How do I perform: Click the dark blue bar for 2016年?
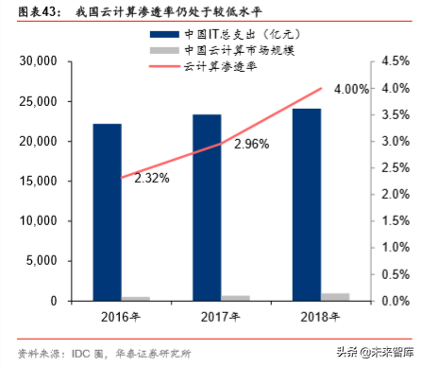[x=107, y=212]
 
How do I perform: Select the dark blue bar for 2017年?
[x=208, y=207]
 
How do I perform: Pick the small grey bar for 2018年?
[x=335, y=297]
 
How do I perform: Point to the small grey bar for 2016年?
[x=135, y=299]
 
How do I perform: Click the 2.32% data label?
[x=151, y=177]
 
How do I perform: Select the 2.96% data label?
[x=252, y=144]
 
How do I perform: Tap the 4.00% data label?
[x=351, y=89]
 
